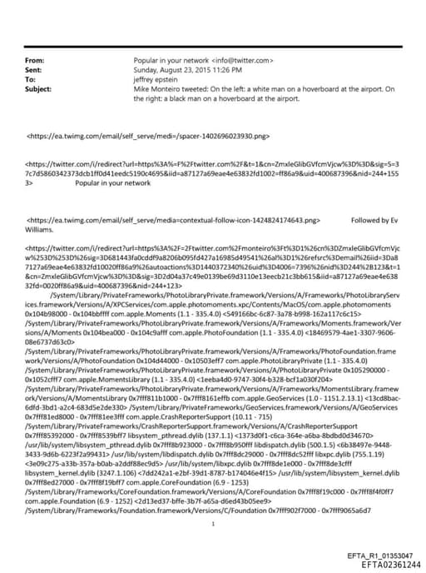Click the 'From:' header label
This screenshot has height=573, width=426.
click(34, 62)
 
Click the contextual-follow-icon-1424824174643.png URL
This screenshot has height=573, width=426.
click(175, 221)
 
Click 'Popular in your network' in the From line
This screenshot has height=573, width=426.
click(169, 62)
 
